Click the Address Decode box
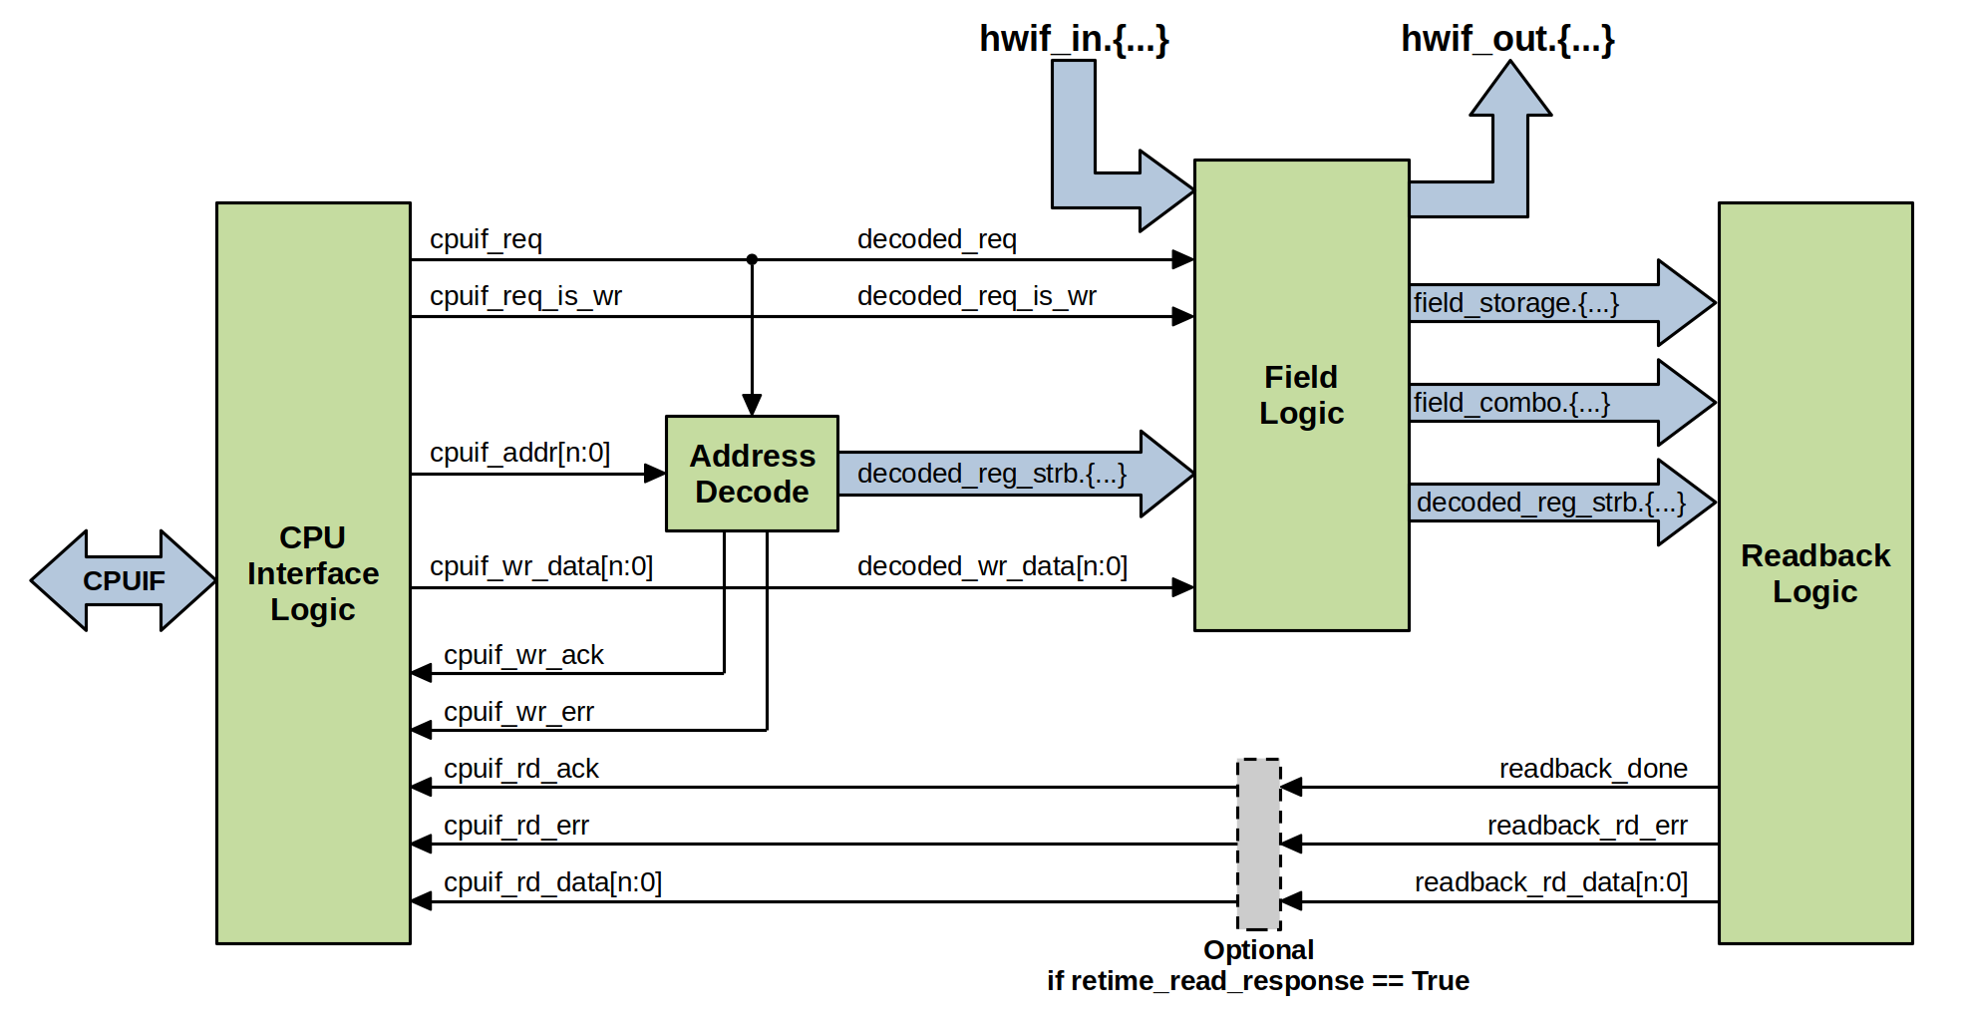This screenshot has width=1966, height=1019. coord(752,474)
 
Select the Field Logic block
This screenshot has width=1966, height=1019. coord(1301,395)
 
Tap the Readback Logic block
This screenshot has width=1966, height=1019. coord(1814,573)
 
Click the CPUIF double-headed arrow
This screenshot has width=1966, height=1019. coord(124,580)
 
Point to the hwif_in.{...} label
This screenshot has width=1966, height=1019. coord(1074,39)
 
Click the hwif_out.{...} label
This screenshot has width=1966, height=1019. coord(1507,39)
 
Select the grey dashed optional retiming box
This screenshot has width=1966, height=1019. coord(1259,844)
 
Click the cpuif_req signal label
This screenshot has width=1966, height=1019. coord(486,239)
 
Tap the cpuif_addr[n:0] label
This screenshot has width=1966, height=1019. coord(519,453)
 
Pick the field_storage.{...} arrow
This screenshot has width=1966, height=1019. coord(1561,302)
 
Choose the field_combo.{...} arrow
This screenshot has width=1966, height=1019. coord(1561,402)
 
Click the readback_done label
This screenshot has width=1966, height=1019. coord(1593,769)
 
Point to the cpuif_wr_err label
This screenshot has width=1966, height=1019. coord(518,712)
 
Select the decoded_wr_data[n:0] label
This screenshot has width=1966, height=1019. coord(992,566)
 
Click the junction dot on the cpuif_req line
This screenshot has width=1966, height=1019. coord(752,259)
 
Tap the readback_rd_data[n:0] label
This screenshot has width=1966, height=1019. coord(1550,882)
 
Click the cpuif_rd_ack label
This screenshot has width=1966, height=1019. coord(520,769)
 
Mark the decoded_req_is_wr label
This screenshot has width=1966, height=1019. coord(976,296)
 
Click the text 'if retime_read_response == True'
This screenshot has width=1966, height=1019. coord(1257,981)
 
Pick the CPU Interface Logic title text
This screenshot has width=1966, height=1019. coord(313,573)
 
